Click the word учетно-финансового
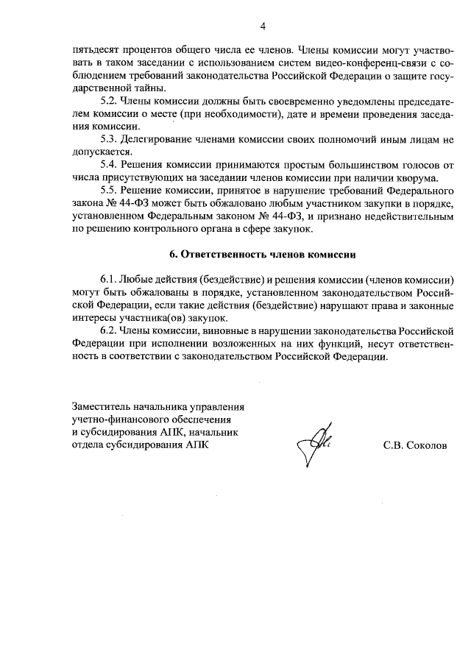click(x=120, y=419)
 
